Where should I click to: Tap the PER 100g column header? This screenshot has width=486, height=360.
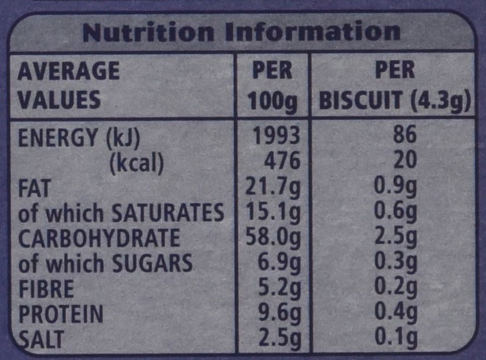pyautogui.click(x=272, y=86)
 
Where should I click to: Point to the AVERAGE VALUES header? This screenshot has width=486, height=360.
pyautogui.click(x=69, y=86)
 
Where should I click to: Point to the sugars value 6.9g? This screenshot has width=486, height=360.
pyautogui.click(x=279, y=264)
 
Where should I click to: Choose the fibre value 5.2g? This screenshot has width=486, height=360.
pyautogui.click(x=279, y=289)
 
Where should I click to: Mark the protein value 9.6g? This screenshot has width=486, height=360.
pyautogui.click(x=279, y=315)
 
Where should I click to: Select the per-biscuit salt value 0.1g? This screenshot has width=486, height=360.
pyautogui.click(x=396, y=339)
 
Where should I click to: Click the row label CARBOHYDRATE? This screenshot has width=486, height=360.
pyautogui.click(x=98, y=238)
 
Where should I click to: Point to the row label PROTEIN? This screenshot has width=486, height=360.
pyautogui.click(x=60, y=315)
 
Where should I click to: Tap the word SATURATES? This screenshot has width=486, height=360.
pyautogui.click(x=168, y=213)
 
